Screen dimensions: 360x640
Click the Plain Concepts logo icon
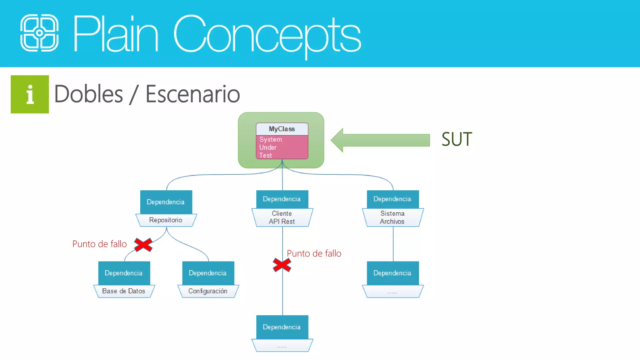click(x=39, y=33)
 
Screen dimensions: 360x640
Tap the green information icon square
click(x=30, y=94)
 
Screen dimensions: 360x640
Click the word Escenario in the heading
click(x=192, y=94)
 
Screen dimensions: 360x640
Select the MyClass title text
click(x=282, y=129)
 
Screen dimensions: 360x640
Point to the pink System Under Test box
click(x=282, y=147)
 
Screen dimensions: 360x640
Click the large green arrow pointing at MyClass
click(x=380, y=140)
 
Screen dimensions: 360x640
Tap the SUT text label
click(x=457, y=139)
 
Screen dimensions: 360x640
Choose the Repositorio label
click(x=166, y=220)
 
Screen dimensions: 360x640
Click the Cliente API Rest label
click(x=282, y=217)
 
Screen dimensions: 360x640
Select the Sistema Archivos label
click(x=392, y=217)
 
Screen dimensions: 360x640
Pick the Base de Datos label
click(x=124, y=291)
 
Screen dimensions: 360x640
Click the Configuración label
click(x=208, y=291)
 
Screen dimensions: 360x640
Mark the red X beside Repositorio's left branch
click(x=143, y=245)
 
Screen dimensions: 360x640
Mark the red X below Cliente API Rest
click(x=282, y=265)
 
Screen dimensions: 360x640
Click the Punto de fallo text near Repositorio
click(x=99, y=244)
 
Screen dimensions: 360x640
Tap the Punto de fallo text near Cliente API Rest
click(x=314, y=253)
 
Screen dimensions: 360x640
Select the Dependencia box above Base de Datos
click(x=124, y=273)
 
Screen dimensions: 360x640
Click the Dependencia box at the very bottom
click(x=282, y=327)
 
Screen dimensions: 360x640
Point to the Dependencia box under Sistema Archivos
click(x=392, y=273)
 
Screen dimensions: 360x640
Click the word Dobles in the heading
click(x=89, y=94)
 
